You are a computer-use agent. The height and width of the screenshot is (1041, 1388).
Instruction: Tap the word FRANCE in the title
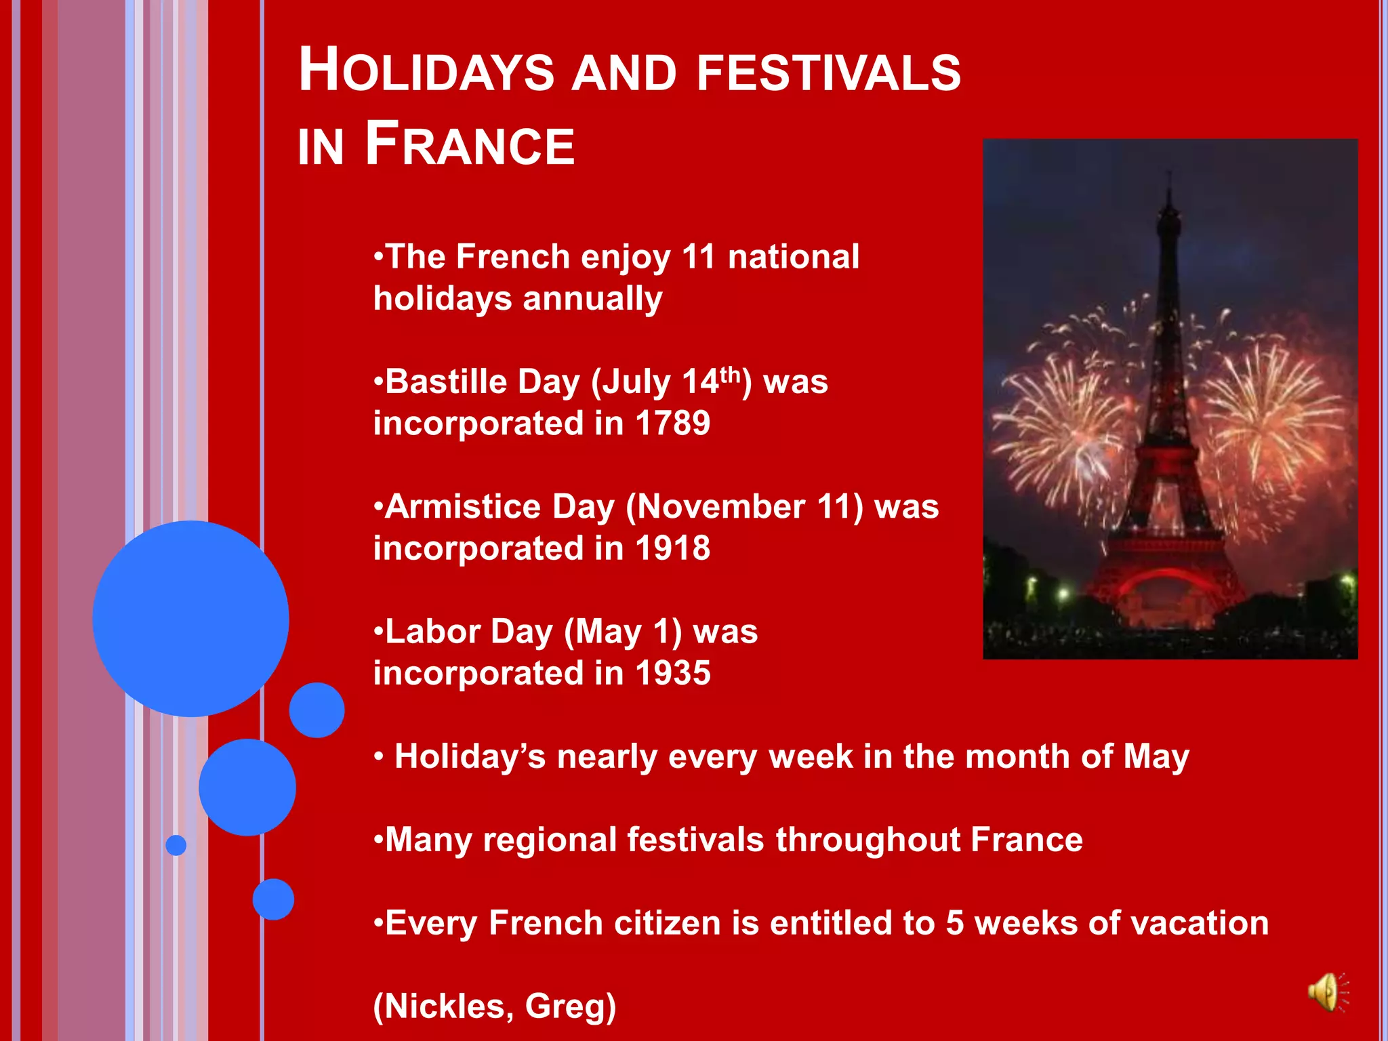point(470,144)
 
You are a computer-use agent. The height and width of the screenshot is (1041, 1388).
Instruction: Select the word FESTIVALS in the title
point(828,73)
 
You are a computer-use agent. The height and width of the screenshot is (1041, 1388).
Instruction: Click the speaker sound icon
point(1328,993)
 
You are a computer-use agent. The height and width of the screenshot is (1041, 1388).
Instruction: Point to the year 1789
point(672,424)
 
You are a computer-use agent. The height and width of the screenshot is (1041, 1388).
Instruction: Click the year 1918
point(672,548)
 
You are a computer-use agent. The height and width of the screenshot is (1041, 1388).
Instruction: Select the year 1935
point(672,674)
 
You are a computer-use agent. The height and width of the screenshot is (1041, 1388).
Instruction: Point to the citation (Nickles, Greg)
point(495,1006)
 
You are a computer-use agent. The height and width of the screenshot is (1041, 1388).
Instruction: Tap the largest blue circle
point(191,618)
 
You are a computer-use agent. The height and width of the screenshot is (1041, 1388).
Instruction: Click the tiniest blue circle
point(176,845)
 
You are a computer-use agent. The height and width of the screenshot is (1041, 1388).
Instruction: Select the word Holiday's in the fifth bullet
point(470,757)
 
